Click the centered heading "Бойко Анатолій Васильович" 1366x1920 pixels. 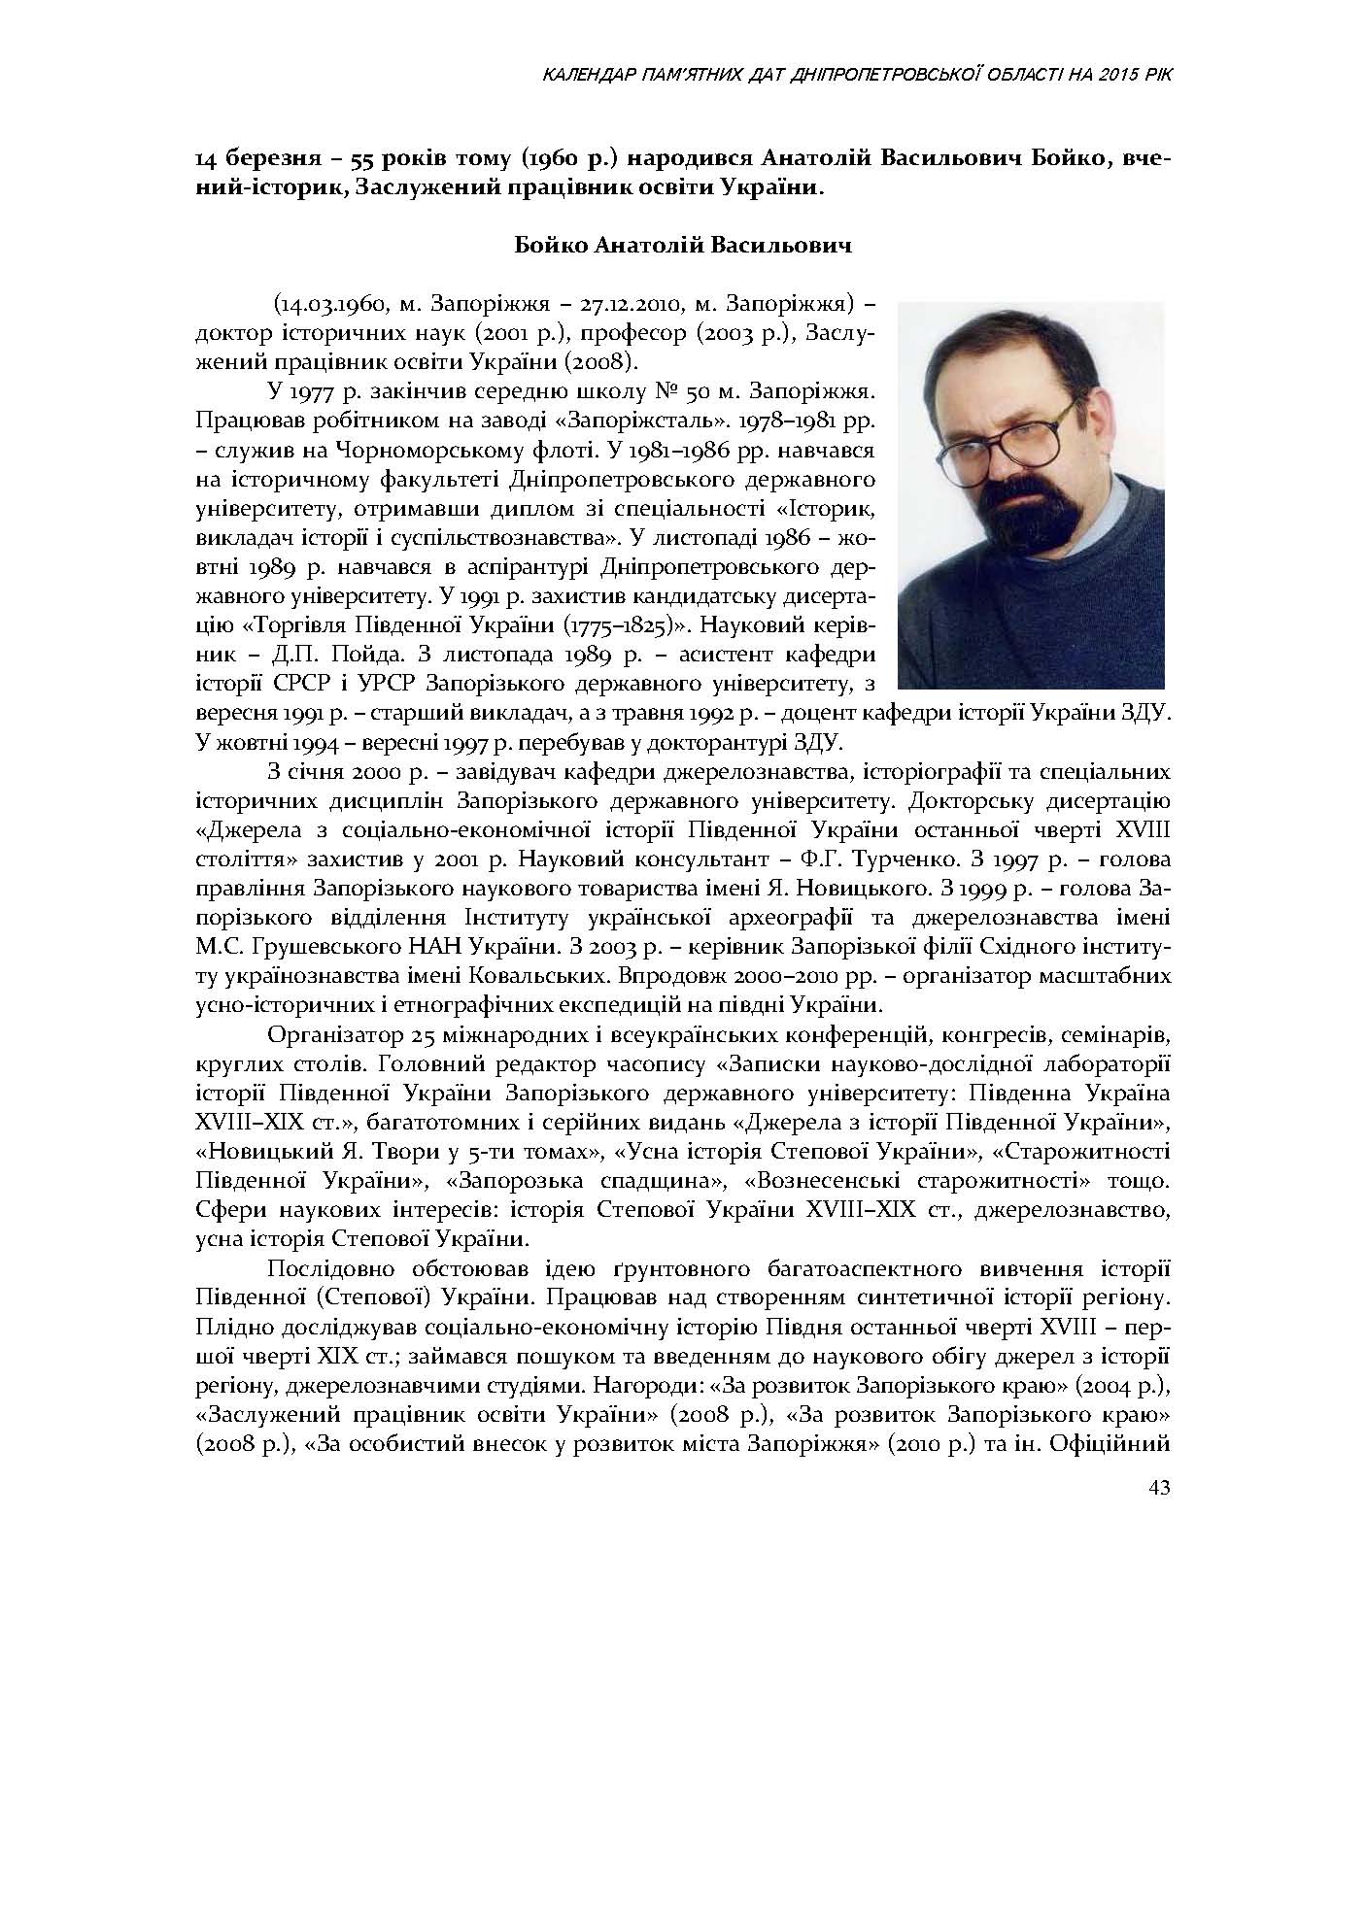coord(683,246)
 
